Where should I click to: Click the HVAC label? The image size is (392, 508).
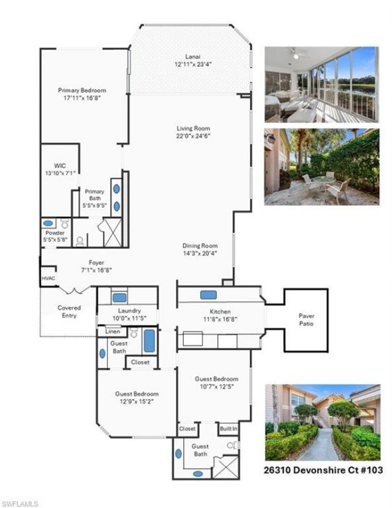(x=48, y=278)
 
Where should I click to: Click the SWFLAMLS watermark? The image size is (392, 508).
(x=20, y=503)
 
